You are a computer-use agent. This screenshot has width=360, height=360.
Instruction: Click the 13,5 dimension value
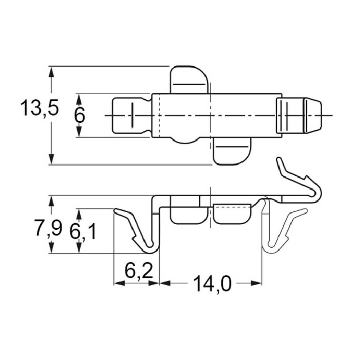pyautogui.click(x=40, y=108)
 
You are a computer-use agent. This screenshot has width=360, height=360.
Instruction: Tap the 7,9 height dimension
pyautogui.click(x=48, y=228)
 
